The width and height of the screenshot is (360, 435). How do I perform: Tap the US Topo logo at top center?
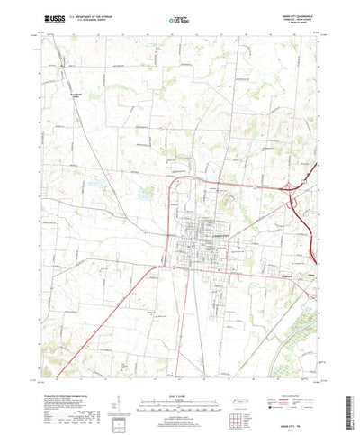(177, 18)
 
